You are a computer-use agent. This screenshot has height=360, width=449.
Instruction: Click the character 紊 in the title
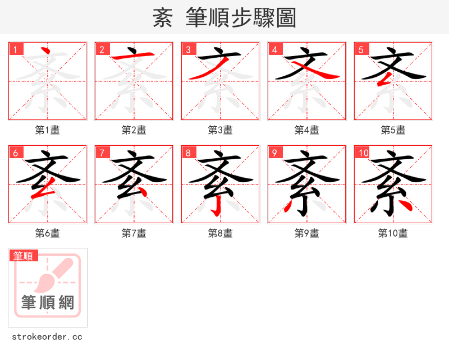pyautogui.click(x=163, y=18)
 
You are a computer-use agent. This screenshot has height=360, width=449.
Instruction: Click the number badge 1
pyautogui.click(x=15, y=50)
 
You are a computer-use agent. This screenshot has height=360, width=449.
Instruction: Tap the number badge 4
pyautogui.click(x=274, y=50)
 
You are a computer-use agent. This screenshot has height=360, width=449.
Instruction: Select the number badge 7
pyautogui.click(x=102, y=153)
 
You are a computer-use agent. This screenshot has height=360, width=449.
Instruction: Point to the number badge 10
pyautogui.click(x=363, y=153)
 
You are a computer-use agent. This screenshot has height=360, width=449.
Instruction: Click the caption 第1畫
pyautogui.click(x=48, y=130)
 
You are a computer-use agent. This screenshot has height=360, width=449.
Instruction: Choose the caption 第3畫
pyautogui.click(x=221, y=130)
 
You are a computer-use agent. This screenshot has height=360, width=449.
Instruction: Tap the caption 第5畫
pyautogui.click(x=393, y=130)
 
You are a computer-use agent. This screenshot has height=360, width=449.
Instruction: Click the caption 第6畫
pyautogui.click(x=48, y=233)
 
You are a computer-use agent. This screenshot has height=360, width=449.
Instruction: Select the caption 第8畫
pyautogui.click(x=221, y=233)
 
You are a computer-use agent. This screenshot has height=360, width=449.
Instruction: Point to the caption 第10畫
pyautogui.click(x=393, y=233)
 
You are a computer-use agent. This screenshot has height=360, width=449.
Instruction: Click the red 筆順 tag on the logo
pyautogui.click(x=24, y=256)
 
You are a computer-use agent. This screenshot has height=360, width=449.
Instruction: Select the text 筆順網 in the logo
pyautogui.click(x=48, y=303)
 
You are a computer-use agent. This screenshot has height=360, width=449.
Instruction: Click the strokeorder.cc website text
pyautogui.click(x=47, y=337)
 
